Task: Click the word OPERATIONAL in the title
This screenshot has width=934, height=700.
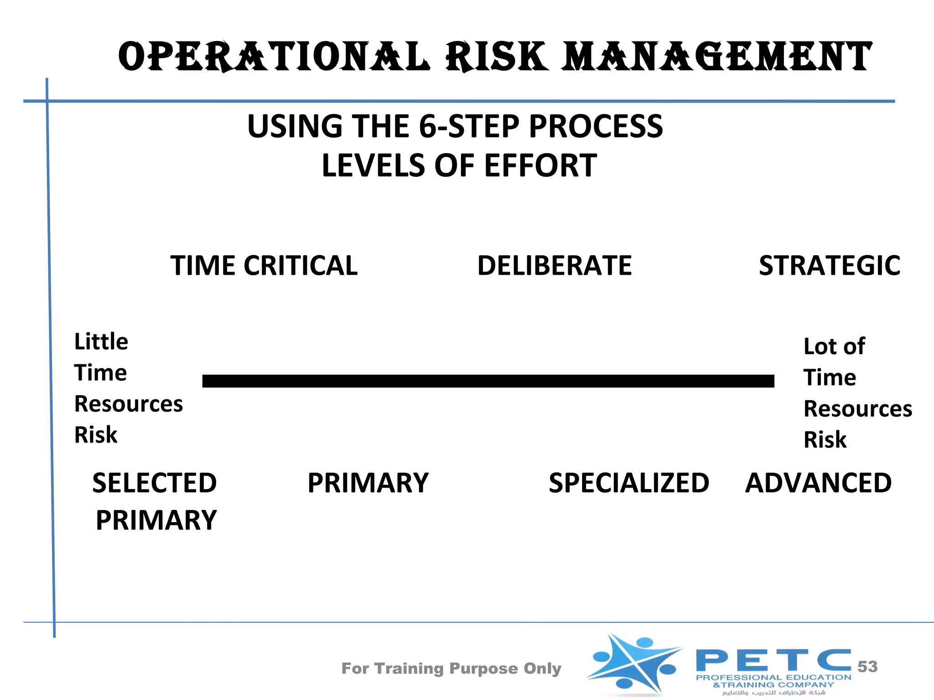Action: click(x=274, y=57)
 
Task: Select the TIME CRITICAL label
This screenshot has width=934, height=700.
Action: click(x=264, y=266)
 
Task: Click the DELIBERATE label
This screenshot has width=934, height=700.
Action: click(x=555, y=266)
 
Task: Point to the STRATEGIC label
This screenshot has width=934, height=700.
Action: click(x=829, y=266)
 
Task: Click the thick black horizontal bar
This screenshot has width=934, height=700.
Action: click(x=488, y=381)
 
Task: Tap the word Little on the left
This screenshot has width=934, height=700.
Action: click(x=101, y=341)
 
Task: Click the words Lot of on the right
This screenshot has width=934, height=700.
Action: click(x=834, y=346)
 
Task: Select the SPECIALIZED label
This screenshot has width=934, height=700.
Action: click(x=629, y=483)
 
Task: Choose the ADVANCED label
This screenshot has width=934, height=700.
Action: click(x=818, y=483)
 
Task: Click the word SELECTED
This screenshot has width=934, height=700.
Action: click(x=155, y=483)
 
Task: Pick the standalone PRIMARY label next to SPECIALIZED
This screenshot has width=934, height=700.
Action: click(x=368, y=483)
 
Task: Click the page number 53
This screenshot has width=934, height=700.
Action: click(x=867, y=667)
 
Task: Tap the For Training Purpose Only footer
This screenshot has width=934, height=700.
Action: click(x=451, y=669)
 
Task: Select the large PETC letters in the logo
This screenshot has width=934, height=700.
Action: click(x=773, y=660)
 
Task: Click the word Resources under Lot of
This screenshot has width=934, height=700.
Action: click(x=858, y=409)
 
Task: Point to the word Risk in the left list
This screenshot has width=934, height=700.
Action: click(x=96, y=435)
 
